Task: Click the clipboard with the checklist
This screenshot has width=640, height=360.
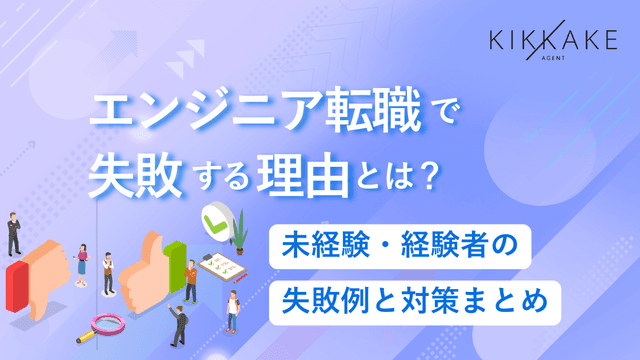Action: point(220,268)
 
